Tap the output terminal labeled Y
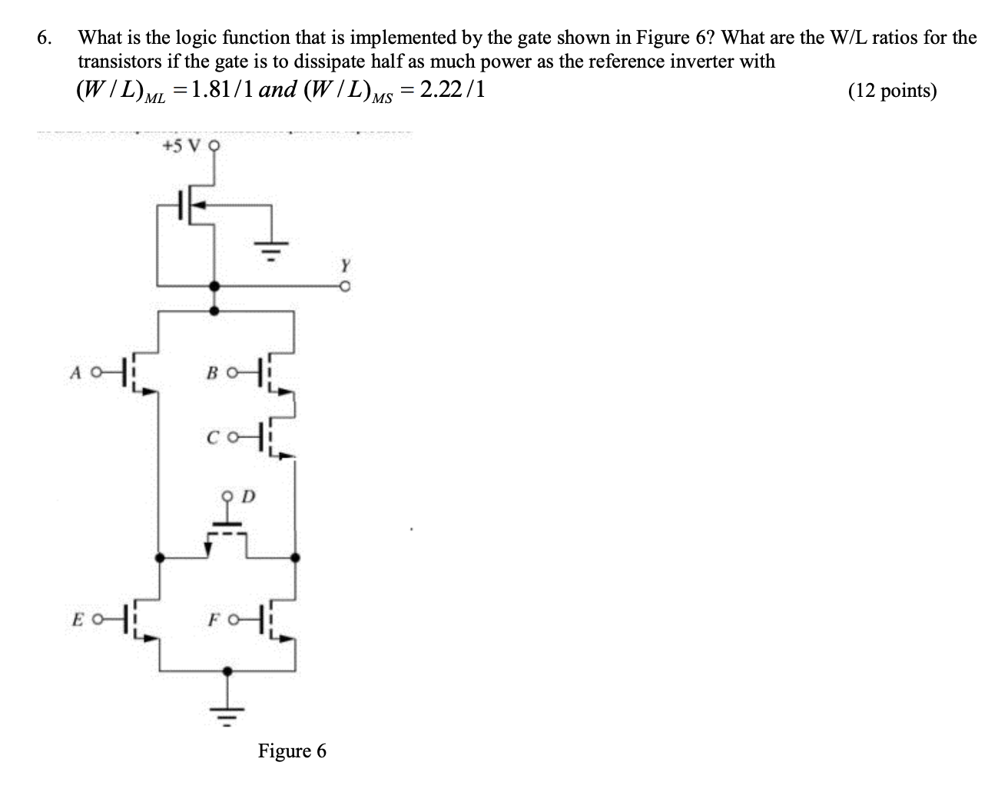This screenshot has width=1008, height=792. (x=346, y=286)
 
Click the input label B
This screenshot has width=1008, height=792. (x=211, y=374)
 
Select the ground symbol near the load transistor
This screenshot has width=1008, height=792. (x=270, y=248)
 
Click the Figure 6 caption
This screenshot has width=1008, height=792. (x=291, y=750)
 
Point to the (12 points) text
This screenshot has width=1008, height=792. (x=892, y=92)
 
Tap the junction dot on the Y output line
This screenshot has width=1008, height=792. (x=214, y=286)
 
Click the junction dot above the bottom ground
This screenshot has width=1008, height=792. (x=226, y=671)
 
